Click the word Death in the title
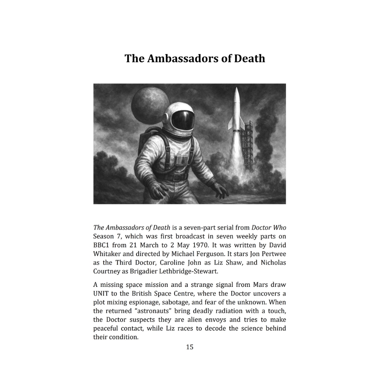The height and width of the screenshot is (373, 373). pos(249,59)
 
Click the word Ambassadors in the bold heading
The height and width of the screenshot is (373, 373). pos(180,59)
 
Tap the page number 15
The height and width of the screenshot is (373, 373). pos(189,347)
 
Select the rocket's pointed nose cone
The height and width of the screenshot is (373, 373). pos(236,93)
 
